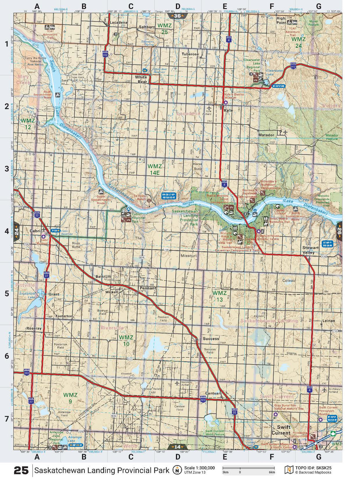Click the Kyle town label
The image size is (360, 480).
[x=228, y=110]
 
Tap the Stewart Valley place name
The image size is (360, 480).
[x=310, y=250]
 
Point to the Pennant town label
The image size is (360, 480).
[x=148, y=288]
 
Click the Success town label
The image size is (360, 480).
[x=211, y=338]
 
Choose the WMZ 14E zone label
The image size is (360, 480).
[x=154, y=169]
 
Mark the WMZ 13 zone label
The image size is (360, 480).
[x=219, y=296]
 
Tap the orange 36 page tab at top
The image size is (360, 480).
[x=177, y=16]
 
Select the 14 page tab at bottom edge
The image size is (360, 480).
[x=177, y=447]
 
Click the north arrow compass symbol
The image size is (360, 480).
[x=177, y=470]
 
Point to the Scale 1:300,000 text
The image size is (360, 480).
[x=199, y=468]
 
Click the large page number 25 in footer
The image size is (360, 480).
[x=21, y=471]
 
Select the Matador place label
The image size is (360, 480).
[x=266, y=135]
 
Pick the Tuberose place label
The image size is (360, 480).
[x=190, y=54]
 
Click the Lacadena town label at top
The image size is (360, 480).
[x=118, y=22]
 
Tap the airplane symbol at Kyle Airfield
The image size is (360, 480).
[x=209, y=108]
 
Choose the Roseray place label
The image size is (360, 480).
[x=34, y=328]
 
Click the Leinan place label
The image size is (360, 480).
[x=328, y=321]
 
